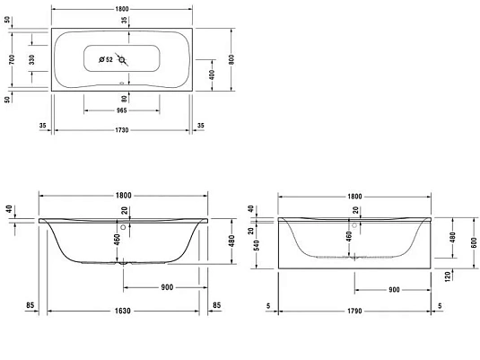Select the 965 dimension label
coord(123,111)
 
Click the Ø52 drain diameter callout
coord(106,60)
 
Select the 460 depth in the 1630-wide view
coord(117,240)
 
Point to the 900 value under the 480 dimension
coord(165,287)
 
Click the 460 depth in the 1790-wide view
coord(350,238)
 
